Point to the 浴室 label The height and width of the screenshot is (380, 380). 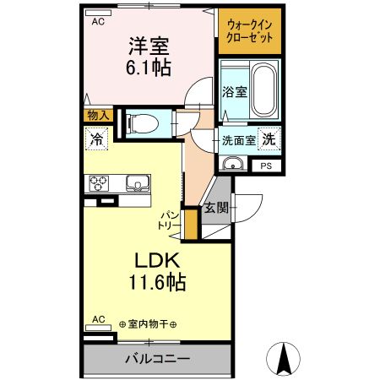click(235, 91)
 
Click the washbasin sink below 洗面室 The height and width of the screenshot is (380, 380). click(236, 164)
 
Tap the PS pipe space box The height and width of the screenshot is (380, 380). click(266, 166)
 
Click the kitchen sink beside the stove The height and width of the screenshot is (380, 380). click(135, 182)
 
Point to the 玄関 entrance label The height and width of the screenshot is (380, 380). click(215, 209)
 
